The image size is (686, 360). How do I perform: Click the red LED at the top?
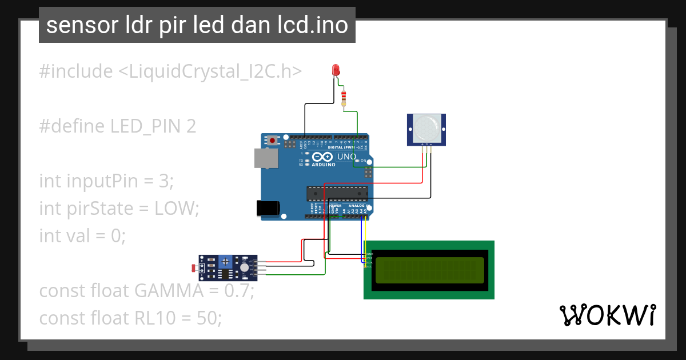click(336, 70)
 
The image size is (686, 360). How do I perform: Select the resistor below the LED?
click(344, 98)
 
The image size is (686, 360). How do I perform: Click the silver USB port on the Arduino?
click(266, 158)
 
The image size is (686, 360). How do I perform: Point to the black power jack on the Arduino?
click(268, 208)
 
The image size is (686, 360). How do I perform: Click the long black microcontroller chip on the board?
click(336, 194)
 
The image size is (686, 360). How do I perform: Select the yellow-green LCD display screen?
click(429, 270)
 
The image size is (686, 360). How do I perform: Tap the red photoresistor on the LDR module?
click(194, 266)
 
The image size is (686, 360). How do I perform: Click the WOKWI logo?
click(607, 315)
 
